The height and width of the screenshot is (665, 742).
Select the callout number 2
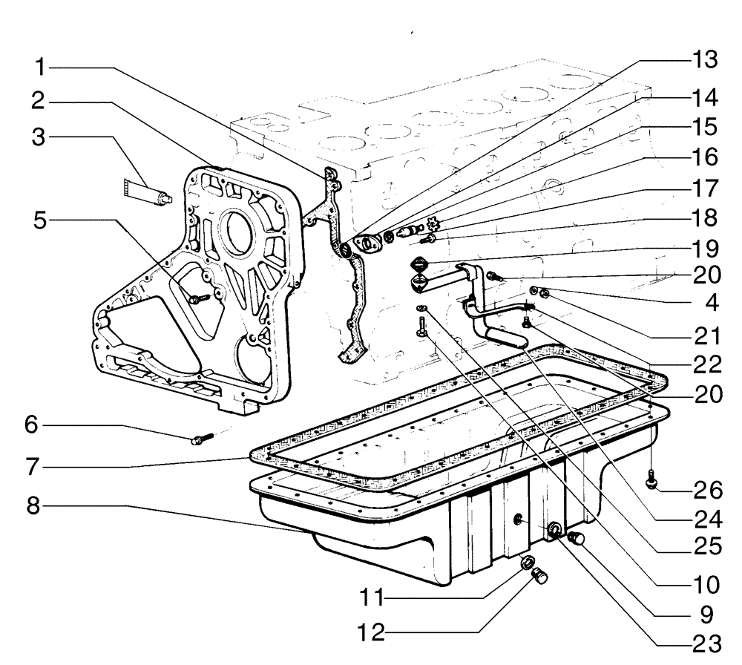(42, 101)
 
